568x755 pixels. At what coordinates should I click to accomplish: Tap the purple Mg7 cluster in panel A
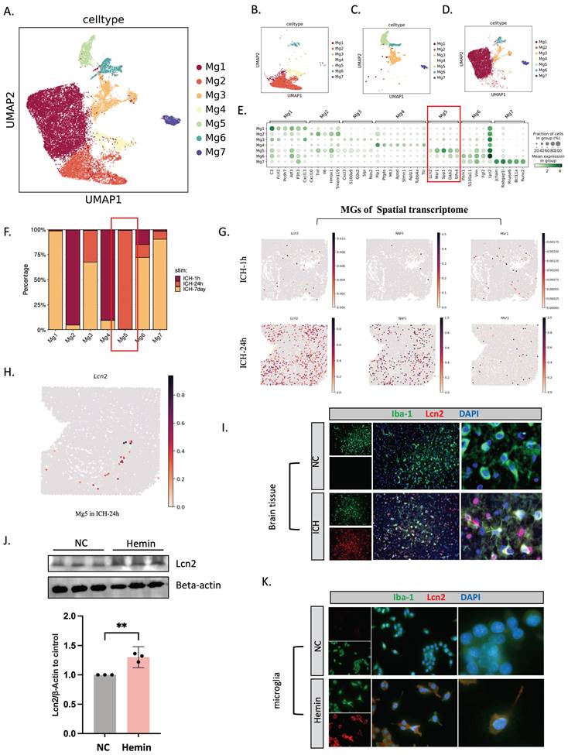[172, 122]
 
